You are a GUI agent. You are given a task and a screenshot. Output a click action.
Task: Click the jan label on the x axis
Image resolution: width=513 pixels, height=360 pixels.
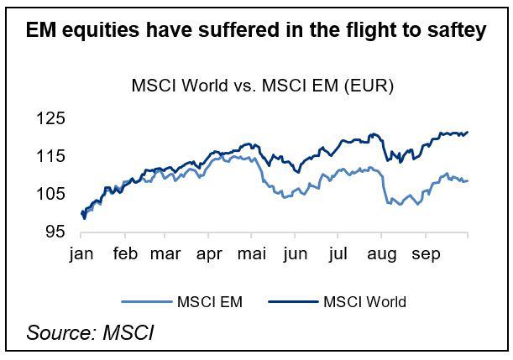coord(82,253)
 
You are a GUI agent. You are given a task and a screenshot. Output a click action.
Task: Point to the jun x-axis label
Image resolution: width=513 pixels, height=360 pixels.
coord(296,253)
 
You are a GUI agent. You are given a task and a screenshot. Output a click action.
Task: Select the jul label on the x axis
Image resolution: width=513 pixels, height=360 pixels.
coord(338,253)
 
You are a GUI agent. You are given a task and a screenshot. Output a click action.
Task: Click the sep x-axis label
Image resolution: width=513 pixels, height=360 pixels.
coord(424,253)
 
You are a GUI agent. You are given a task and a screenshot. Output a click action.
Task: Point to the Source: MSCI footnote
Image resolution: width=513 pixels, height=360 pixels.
coord(91,332)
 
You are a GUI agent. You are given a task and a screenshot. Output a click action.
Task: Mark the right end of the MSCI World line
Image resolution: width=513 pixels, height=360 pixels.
coord(468,132)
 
